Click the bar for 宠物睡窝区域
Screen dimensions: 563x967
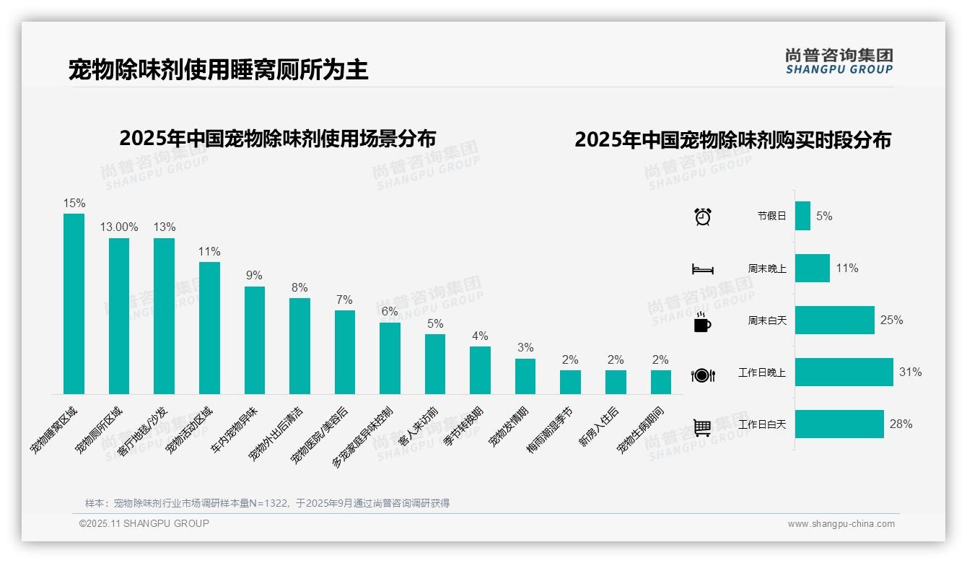pos(74,303)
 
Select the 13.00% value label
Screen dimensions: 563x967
pos(119,227)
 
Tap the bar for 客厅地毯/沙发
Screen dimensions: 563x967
pos(164,315)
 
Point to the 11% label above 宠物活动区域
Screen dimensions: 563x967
pos(209,251)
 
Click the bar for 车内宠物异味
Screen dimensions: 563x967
pos(255,340)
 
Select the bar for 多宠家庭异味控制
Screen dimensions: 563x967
pos(390,358)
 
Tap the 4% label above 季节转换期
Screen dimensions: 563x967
pos(480,336)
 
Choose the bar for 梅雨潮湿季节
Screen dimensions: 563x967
pos(570,382)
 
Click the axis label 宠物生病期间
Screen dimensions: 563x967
pos(641,430)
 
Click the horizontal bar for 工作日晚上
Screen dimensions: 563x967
pos(844,372)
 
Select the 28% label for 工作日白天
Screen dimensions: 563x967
pos(901,424)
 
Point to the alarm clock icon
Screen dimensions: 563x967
pos(703,217)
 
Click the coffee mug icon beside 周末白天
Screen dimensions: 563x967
pos(702,323)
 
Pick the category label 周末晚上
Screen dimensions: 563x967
pos(767,269)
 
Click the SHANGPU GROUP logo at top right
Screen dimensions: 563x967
pos(839,61)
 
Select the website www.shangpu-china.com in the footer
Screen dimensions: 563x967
pos(841,524)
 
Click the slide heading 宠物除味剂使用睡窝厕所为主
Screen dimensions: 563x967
pos(219,69)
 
